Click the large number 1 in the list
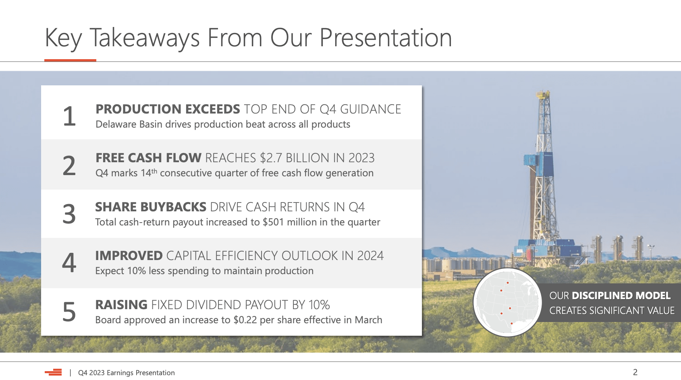[69, 116]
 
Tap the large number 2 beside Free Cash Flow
[69, 165]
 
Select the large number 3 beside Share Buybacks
[69, 214]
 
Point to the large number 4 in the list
[69, 262]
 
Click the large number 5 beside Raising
[69, 312]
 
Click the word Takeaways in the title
[145, 38]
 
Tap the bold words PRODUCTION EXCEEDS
[168, 109]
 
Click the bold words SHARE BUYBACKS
[151, 207]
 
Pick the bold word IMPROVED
[129, 256]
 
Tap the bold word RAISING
[121, 305]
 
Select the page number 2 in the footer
[635, 372]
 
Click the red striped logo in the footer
[53, 372]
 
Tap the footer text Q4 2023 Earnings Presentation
[127, 373]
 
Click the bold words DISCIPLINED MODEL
[621, 295]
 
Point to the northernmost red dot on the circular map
[507, 283]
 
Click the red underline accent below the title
[70, 60]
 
